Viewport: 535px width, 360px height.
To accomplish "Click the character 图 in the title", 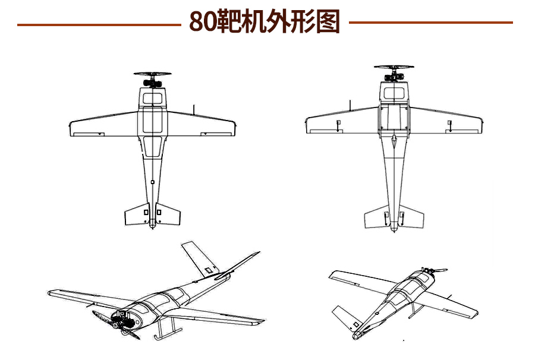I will point(328,21).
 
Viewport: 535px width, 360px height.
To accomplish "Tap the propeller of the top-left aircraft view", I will point(152,74).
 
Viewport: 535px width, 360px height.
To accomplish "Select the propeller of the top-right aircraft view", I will point(394,68).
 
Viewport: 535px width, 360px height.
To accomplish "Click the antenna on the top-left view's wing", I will point(194,109).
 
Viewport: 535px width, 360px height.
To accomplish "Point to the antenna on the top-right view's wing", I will point(350,105).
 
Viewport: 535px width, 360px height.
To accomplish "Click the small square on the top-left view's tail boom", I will point(152,181).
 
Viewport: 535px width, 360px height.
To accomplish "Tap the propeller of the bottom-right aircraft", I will point(438,271).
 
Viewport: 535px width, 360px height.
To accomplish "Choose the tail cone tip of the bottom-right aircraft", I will point(355,337).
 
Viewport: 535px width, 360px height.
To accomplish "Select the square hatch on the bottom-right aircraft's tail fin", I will point(356,324).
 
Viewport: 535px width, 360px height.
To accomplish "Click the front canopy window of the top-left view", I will point(152,96).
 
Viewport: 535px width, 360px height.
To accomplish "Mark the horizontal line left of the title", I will point(99,24).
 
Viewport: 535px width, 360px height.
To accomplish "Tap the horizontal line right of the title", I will point(430,23).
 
